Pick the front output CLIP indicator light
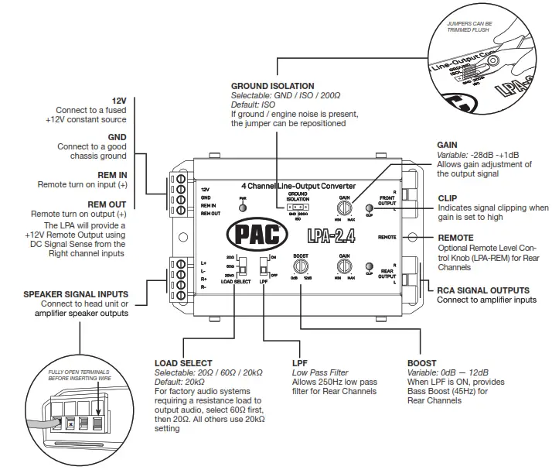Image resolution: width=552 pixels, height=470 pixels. click(370, 208)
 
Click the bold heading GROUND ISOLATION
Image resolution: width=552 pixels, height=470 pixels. click(272, 86)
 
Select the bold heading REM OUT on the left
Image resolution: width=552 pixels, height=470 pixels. click(110, 204)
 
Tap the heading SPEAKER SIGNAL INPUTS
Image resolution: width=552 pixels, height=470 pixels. click(76, 293)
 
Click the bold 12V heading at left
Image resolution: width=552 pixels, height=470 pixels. click(118, 101)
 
